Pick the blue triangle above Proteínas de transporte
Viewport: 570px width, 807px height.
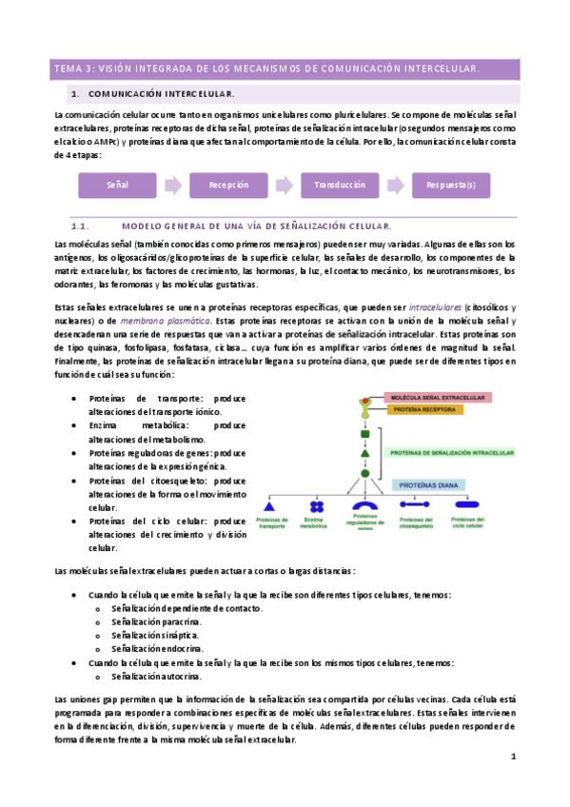[x=267, y=507]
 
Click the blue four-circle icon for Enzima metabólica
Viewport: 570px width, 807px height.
[x=315, y=506]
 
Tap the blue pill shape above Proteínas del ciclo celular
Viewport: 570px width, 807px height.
[x=466, y=507]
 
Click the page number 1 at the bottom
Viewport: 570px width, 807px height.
[x=513, y=757]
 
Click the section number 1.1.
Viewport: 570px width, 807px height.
[x=79, y=226]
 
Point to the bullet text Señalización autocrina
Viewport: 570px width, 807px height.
[x=156, y=677]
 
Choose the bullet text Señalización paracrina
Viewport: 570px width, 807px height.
[x=156, y=621]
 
